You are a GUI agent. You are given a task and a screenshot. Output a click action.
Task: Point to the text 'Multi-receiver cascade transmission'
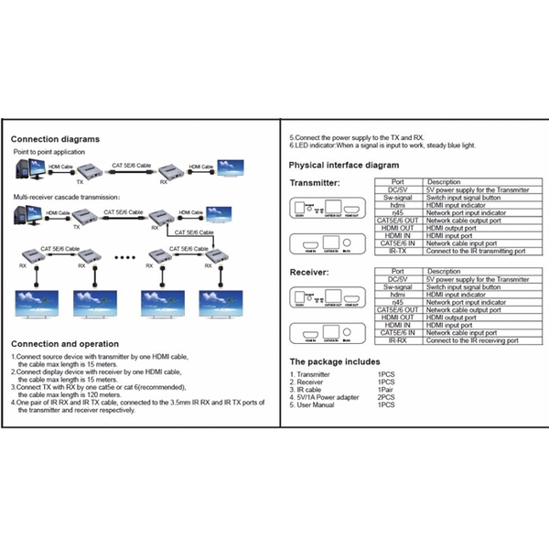pos(66,197)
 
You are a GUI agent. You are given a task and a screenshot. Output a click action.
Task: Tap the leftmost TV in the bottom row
pos(38,303)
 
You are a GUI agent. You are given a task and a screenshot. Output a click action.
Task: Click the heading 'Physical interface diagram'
pos(344,165)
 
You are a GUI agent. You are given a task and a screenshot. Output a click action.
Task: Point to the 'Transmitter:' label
pos(315,183)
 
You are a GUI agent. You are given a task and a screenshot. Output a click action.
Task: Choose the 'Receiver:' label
pos(308,273)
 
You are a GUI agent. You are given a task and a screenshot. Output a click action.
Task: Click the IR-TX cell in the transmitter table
pos(397,251)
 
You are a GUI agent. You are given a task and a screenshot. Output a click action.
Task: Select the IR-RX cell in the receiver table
pos(397,340)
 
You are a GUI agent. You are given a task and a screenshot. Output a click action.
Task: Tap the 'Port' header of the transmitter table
pos(397,181)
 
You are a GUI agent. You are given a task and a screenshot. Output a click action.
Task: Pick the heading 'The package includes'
pos(334,361)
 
